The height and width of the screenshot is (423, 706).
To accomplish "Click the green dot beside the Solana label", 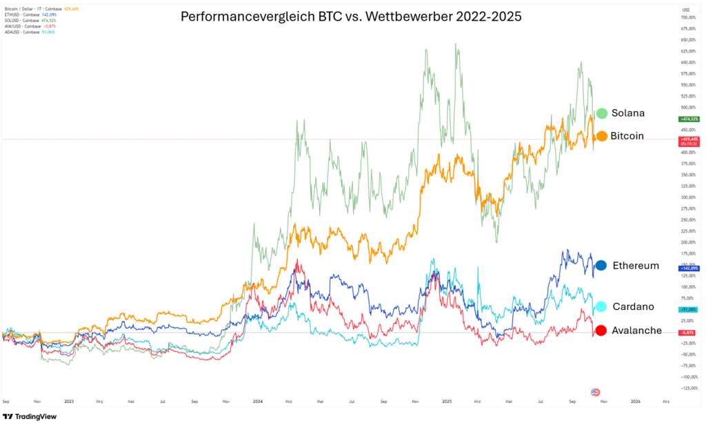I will tap(601, 113).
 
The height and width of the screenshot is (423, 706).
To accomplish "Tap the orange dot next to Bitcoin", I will tap(601, 136).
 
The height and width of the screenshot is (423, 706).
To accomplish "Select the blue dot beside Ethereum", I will tap(601, 266).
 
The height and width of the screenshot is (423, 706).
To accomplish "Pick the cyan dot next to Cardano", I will tap(601, 306).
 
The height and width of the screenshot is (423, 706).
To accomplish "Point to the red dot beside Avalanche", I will tap(601, 331).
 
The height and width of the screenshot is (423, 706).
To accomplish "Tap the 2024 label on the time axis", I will tap(258, 400).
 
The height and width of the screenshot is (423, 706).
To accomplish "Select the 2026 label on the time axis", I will tap(636, 400).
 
